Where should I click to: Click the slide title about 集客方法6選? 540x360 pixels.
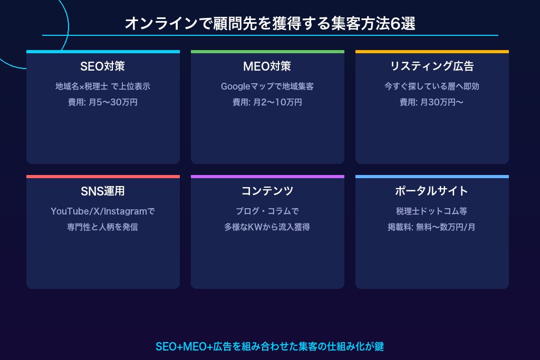270,23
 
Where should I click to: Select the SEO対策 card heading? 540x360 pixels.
103,66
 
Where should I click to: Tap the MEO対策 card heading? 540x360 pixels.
267,66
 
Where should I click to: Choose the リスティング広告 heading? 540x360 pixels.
432,66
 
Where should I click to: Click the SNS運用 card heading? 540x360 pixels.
103,191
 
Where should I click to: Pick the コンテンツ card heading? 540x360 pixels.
267,191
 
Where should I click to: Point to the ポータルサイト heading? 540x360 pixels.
431,191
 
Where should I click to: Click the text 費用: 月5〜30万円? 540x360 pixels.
103,102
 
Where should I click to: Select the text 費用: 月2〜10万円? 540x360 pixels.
267,102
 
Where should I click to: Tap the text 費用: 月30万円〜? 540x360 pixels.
431,102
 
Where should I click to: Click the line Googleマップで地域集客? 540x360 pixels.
267,86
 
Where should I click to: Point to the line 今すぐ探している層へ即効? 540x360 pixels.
432,86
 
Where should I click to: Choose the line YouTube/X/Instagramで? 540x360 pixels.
103,211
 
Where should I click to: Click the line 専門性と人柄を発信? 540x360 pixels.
103,227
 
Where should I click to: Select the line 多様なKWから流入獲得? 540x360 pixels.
267,227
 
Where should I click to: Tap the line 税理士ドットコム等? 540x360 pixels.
431,211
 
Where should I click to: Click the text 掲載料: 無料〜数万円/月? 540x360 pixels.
431,227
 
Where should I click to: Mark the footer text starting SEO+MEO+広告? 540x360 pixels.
269,346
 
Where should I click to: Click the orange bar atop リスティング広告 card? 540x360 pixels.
432,52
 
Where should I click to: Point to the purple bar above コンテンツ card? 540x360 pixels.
267,177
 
